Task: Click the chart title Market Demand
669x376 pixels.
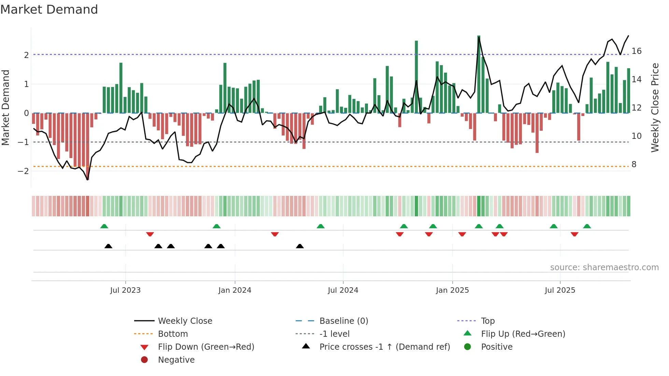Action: (x=49, y=10)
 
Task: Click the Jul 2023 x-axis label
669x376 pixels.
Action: (x=125, y=290)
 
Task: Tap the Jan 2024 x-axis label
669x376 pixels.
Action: (x=234, y=290)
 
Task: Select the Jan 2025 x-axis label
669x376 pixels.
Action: (x=452, y=290)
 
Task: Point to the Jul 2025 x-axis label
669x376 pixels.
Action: (x=560, y=290)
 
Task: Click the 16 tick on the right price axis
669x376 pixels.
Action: (x=636, y=51)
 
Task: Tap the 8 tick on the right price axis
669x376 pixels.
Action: (x=634, y=164)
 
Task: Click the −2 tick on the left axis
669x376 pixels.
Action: (x=24, y=171)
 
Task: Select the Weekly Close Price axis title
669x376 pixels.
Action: (x=655, y=107)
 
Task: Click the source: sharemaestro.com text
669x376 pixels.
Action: (x=604, y=267)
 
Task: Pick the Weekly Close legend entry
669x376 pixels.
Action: (x=185, y=321)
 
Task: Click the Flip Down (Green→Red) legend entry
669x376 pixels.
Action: (x=206, y=347)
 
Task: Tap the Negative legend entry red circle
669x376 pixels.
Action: (x=144, y=360)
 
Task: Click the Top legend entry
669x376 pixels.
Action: (x=487, y=321)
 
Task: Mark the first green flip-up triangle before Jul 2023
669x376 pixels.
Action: (x=104, y=226)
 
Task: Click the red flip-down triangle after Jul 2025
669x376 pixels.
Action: (x=574, y=234)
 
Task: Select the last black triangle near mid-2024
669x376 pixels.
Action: (x=300, y=246)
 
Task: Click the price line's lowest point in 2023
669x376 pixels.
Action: (x=88, y=179)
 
